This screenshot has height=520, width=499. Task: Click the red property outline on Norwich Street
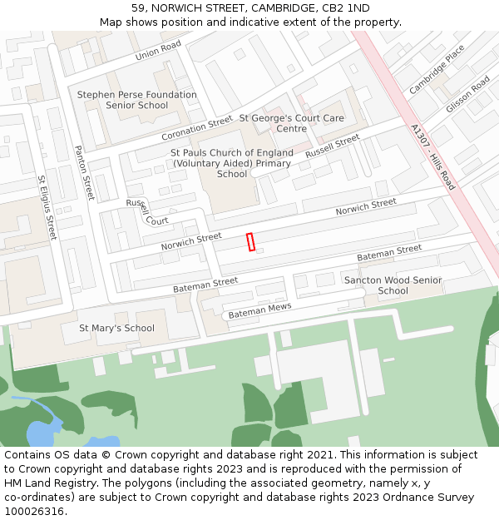250,241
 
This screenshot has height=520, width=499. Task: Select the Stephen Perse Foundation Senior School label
137,100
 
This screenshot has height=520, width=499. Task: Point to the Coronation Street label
197,128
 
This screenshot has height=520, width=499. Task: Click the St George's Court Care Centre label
292,123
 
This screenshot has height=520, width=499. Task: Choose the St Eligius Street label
47,207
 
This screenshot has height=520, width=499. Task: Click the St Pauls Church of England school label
232,163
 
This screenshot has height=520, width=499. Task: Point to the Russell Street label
332,146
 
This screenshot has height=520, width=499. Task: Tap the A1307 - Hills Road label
432,157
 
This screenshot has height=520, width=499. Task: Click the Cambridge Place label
437,69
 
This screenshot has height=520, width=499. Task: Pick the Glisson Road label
468,95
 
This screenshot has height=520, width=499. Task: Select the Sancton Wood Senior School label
393,285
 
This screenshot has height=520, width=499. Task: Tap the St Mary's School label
116,328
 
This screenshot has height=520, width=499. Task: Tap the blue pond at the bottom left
42,433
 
